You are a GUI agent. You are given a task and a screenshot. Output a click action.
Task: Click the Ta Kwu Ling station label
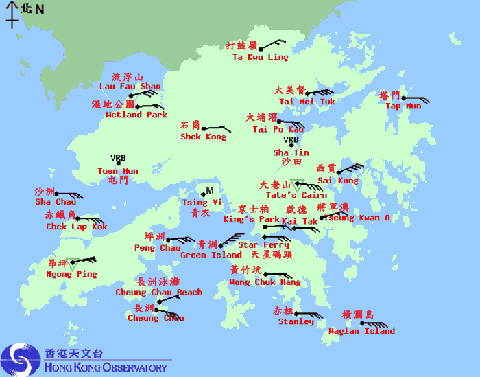[x=260, y=58]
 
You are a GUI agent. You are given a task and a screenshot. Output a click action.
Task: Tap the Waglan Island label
[x=370, y=331]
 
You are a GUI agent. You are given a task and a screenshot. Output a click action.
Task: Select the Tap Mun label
[x=403, y=106]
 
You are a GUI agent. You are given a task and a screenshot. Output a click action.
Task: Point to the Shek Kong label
[x=203, y=137]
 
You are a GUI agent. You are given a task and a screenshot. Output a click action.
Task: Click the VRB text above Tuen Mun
[x=118, y=158]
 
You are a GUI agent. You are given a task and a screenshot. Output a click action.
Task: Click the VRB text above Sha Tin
[x=291, y=140]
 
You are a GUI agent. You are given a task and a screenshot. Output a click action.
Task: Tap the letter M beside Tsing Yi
[x=210, y=190]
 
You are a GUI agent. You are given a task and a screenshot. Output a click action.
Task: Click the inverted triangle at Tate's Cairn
[x=296, y=183]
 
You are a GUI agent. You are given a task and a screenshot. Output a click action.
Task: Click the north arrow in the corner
[x=12, y=14]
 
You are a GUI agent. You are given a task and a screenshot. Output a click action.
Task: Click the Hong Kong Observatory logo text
[x=106, y=367]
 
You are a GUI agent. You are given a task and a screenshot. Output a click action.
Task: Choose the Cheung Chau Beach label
[x=158, y=293]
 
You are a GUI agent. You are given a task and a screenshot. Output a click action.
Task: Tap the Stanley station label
[x=296, y=321]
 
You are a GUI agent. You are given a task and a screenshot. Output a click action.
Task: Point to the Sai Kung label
[x=337, y=181]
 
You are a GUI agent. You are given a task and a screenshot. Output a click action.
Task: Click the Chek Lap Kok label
[x=77, y=227]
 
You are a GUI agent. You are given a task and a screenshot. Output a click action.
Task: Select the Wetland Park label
[x=136, y=115]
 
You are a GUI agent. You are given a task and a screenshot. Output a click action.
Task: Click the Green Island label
[x=211, y=255]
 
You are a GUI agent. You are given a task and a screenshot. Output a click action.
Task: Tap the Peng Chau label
[x=158, y=248]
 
